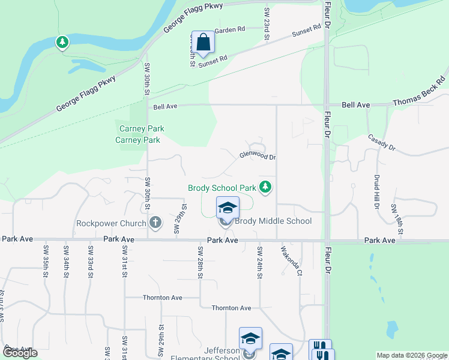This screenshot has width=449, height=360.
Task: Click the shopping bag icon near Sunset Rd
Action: [203, 42]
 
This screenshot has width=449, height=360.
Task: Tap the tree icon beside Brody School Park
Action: [266, 188]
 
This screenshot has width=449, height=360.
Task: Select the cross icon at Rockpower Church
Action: [155, 223]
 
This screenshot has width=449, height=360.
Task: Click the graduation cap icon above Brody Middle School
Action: [228, 208]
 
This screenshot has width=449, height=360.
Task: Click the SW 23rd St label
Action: [266, 25]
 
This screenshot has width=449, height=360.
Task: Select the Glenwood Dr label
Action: [258, 155]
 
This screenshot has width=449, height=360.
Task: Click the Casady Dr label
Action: [382, 142]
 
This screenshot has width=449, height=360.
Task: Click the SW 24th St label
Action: [260, 262]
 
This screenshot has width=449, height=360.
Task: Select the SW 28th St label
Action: [200, 262]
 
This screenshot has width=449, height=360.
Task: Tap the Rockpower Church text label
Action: [111, 224]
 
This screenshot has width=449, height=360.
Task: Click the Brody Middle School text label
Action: [273, 221]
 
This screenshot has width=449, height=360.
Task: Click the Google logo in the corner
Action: [20, 353]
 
